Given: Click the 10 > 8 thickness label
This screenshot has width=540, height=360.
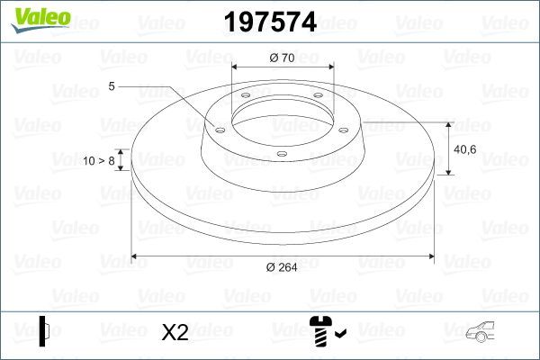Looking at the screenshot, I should pyautogui.click(x=99, y=161).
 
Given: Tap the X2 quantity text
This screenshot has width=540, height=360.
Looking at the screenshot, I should pyautogui.click(x=174, y=334).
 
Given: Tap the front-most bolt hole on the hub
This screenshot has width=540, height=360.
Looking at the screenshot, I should pyautogui.click(x=281, y=153).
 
